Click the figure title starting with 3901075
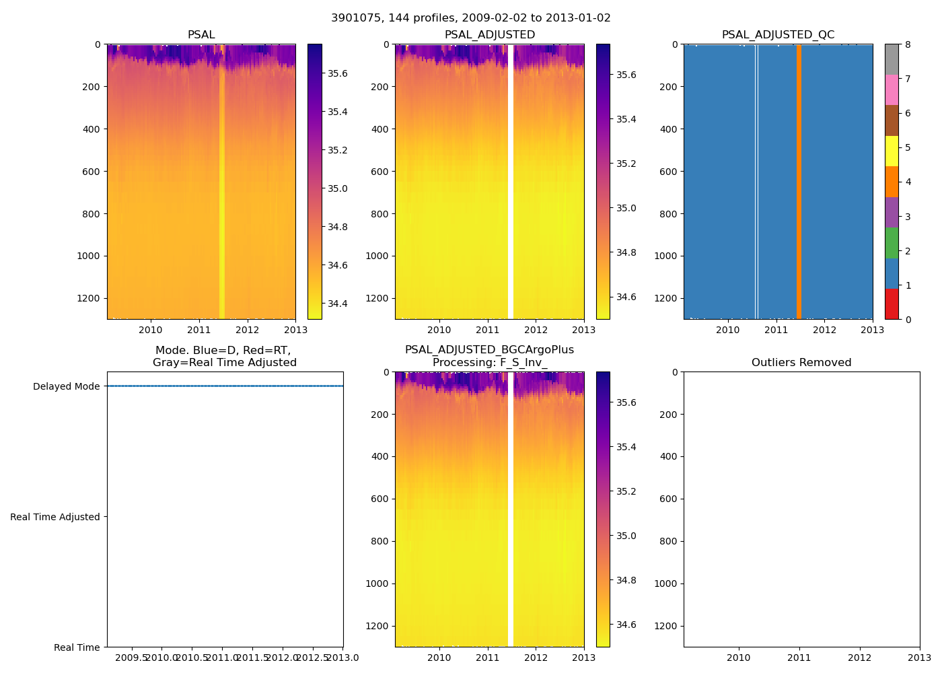click(x=470, y=18)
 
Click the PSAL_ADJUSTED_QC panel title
click(x=778, y=35)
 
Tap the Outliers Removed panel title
click(x=801, y=363)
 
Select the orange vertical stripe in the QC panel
click(x=799, y=182)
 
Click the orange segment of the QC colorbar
click(x=892, y=182)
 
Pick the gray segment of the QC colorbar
click(x=892, y=59)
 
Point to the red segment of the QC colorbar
click(x=892, y=304)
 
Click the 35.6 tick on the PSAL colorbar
click(x=337, y=73)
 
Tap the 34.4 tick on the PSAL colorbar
click(x=337, y=304)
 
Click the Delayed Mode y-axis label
click(x=66, y=386)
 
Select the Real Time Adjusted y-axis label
click(x=55, y=517)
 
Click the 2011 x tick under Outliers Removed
click(x=799, y=658)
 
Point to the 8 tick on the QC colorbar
click(x=908, y=44)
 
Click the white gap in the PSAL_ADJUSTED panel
click(x=511, y=182)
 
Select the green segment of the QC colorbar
click(x=892, y=243)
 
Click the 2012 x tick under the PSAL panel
click(x=247, y=330)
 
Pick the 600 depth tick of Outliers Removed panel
click(x=667, y=499)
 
